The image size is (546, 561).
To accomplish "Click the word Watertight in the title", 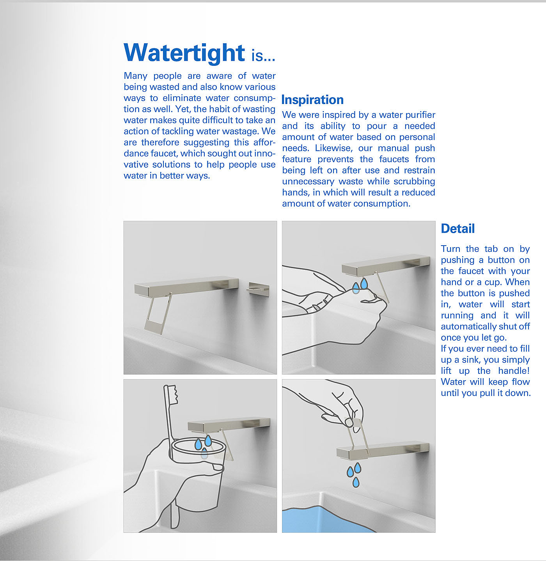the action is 184,53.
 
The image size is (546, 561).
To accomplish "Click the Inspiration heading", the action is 312,100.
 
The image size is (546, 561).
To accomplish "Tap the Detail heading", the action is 458,228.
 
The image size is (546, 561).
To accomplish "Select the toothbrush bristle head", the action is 173,395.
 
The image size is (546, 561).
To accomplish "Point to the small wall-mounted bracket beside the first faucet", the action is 258,288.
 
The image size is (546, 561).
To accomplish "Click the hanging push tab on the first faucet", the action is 158,313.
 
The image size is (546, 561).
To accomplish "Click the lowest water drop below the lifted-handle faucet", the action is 356,482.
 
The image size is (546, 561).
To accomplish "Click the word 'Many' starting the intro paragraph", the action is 136,76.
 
